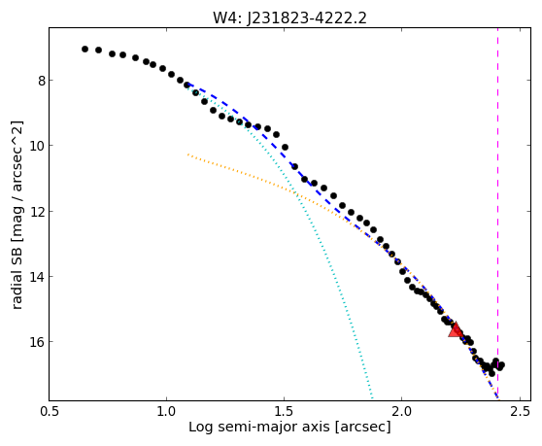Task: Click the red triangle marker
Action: (x=456, y=330)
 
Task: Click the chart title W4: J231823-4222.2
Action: (x=289, y=17)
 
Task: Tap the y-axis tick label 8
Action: (x=42, y=81)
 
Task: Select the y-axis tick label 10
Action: (x=37, y=146)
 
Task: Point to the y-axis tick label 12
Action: (x=37, y=211)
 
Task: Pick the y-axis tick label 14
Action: (x=37, y=277)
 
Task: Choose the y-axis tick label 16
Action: (x=37, y=342)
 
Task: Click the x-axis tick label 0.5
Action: (x=50, y=411)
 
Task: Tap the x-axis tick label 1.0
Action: (x=167, y=411)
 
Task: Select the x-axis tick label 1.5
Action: (x=284, y=411)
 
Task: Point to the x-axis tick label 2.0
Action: (x=401, y=411)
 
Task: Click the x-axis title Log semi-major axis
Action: (x=259, y=427)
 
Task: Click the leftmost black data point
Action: (x=85, y=50)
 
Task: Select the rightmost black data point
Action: (x=501, y=364)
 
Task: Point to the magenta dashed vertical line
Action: (x=497, y=214)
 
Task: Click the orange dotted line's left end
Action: (x=188, y=154)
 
